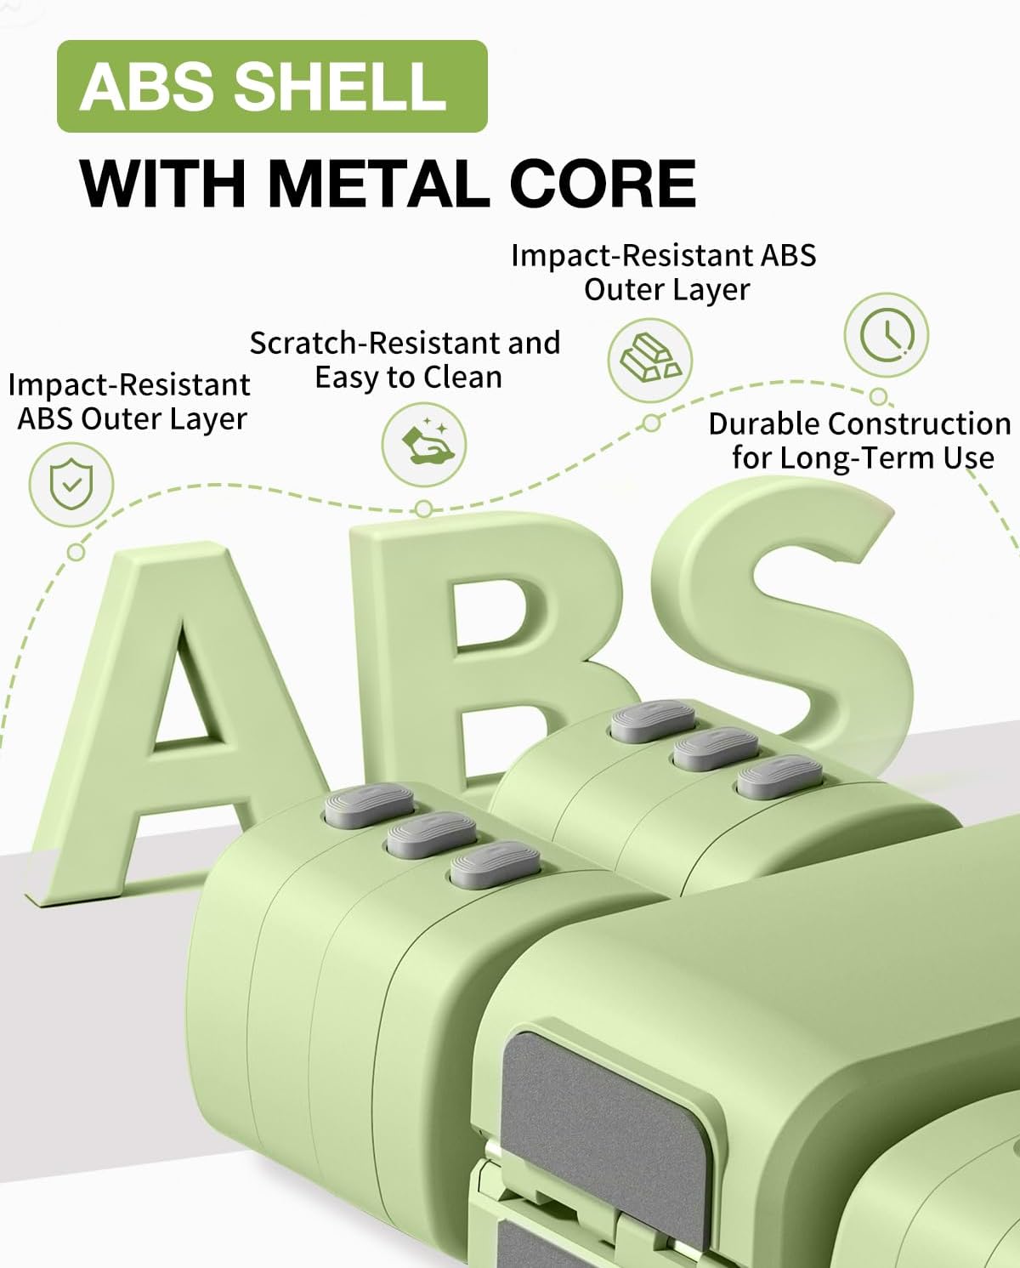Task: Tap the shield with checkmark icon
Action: [x=71, y=486]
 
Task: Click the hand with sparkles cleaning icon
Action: [x=423, y=444]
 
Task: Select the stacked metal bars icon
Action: [x=650, y=360]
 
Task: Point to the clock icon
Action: [x=886, y=334]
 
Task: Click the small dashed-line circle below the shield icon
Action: [x=76, y=552]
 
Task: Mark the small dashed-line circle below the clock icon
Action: [x=879, y=396]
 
